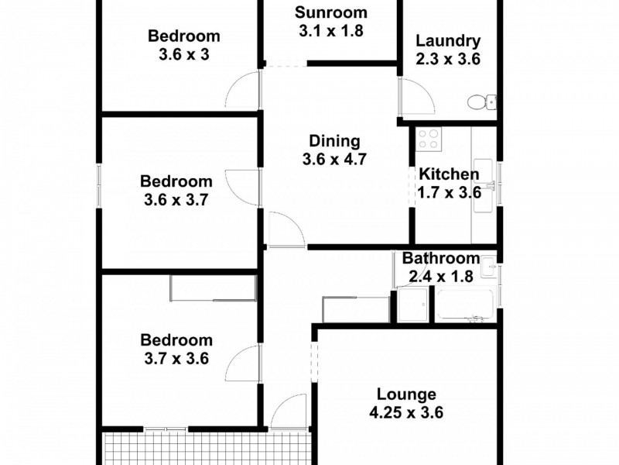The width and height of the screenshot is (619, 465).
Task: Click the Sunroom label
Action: pyautogui.click(x=331, y=13)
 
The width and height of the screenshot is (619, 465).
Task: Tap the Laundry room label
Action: pyautogui.click(x=448, y=41)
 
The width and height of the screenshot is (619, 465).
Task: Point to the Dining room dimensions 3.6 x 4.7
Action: pyautogui.click(x=334, y=160)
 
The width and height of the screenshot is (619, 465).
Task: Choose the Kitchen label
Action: pyautogui.click(x=448, y=174)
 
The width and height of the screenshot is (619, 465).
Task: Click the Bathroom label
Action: pyautogui.click(x=441, y=259)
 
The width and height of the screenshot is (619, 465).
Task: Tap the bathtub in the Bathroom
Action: pyautogui.click(x=464, y=305)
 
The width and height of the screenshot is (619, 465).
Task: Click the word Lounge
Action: pyautogui.click(x=407, y=394)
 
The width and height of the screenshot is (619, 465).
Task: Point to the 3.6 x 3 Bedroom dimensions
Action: pyautogui.click(x=184, y=54)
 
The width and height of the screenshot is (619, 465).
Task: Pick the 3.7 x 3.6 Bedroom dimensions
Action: pyautogui.click(x=176, y=359)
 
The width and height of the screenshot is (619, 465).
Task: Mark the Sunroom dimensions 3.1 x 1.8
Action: pyautogui.click(x=331, y=31)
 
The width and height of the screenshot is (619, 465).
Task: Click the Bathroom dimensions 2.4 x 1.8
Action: pyautogui.click(x=441, y=277)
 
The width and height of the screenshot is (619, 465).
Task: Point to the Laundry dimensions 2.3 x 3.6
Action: pyautogui.click(x=448, y=59)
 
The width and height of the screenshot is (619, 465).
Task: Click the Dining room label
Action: pyautogui.click(x=334, y=141)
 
